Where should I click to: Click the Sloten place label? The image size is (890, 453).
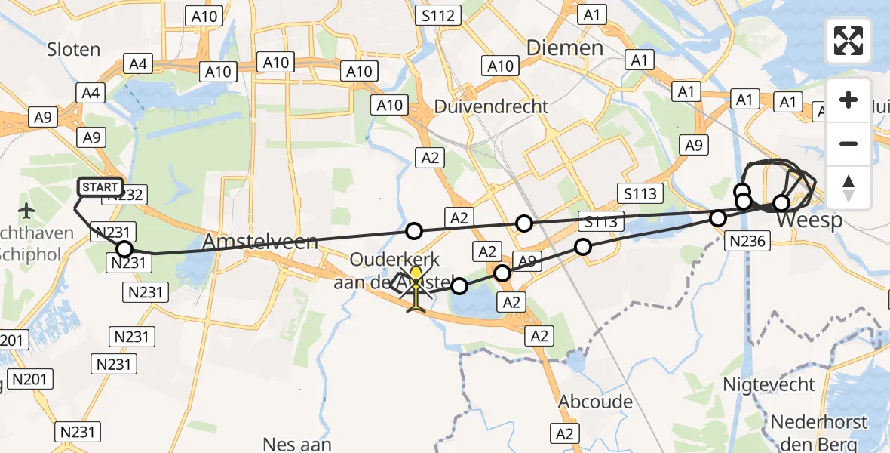73,50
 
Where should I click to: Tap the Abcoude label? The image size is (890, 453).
595,402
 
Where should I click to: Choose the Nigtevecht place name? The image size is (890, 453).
769,384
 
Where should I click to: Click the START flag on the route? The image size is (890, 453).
100,187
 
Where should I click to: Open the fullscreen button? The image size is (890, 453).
849,41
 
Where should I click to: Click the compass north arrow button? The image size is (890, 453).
849,187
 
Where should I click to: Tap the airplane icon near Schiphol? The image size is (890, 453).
28,209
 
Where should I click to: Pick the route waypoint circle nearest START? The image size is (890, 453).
124,249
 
